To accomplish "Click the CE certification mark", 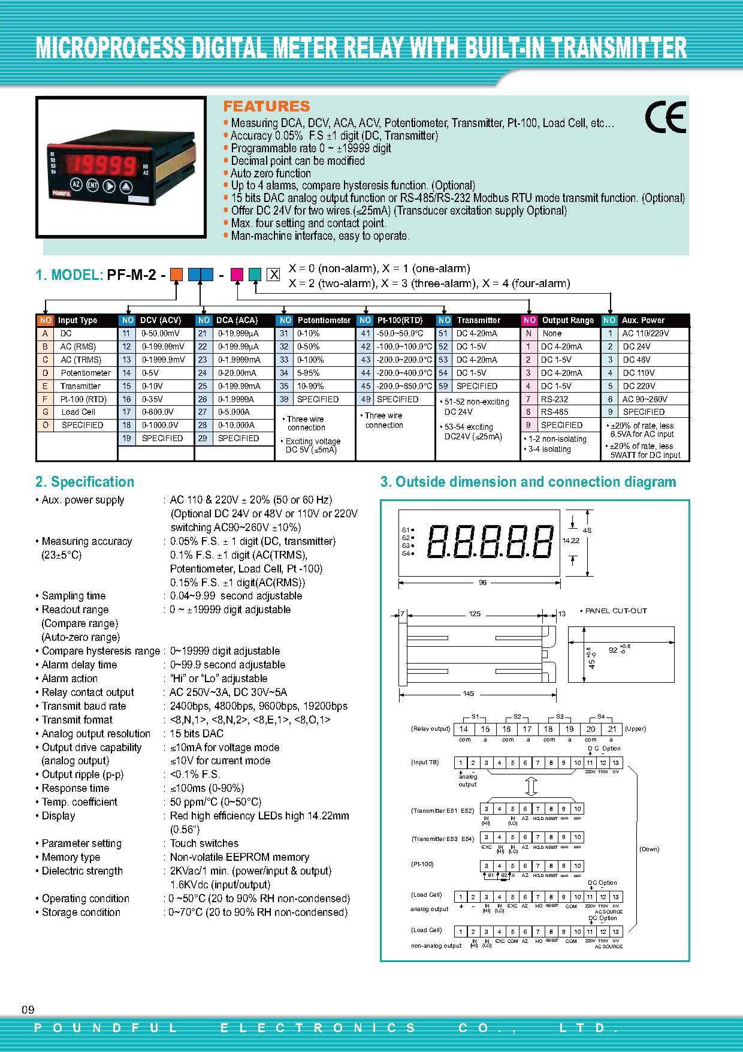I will click(665, 117).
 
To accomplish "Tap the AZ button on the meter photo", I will click(76, 185).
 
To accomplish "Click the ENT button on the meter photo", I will click(92, 185).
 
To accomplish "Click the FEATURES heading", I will click(267, 107).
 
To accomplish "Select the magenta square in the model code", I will click(236, 275).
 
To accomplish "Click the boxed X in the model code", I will click(273, 275).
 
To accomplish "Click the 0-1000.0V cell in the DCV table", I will click(159, 425).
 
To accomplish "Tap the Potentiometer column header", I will click(324, 320).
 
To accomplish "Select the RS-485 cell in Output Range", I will click(554, 412).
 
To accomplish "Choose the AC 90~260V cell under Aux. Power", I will click(645, 399).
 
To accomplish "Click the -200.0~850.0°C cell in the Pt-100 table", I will click(404, 386).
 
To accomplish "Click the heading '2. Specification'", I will click(84, 482).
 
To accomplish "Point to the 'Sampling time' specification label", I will click(73, 596).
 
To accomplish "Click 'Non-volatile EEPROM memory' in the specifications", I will click(239, 857).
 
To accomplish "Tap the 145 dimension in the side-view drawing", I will click(468, 694).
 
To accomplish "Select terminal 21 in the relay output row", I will click(612, 730).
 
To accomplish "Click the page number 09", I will click(28, 1010).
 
